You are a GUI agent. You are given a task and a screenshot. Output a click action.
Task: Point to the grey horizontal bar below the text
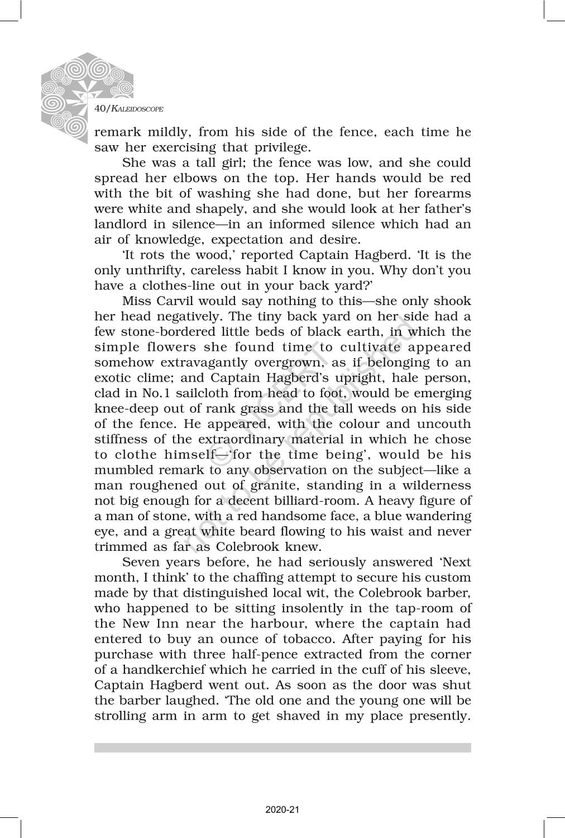coord(282,747)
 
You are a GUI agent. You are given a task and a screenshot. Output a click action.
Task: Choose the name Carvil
coord(175,301)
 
